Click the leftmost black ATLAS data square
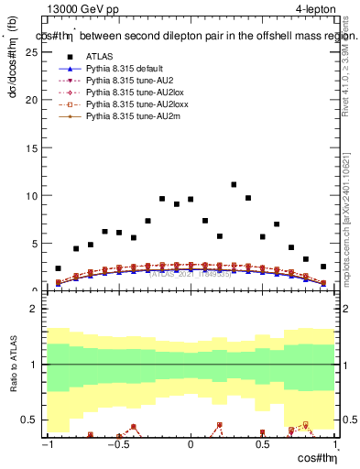click(x=58, y=268)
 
